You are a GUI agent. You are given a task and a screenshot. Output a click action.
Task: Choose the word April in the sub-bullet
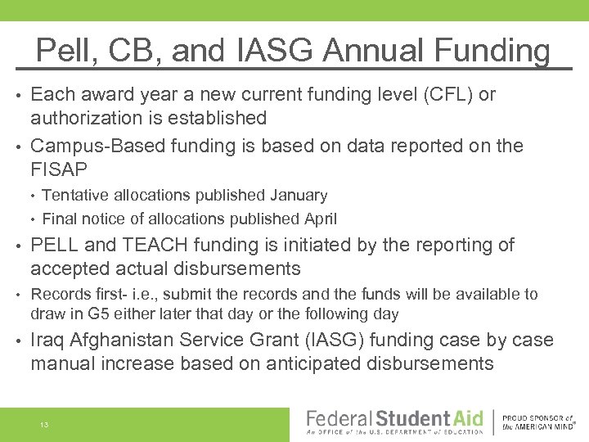click(x=317, y=219)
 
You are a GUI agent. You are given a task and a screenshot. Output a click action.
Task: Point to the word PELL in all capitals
click(x=54, y=246)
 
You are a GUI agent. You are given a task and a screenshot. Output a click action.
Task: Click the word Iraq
click(x=50, y=340)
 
